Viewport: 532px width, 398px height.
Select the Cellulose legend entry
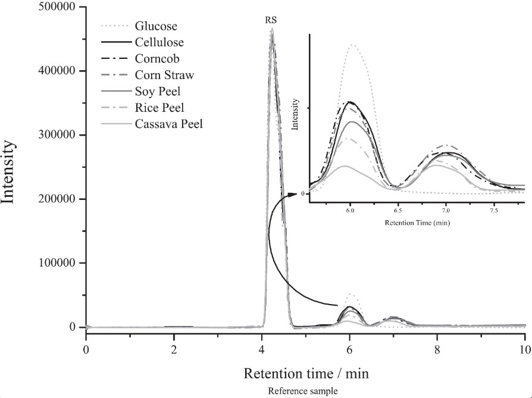159,42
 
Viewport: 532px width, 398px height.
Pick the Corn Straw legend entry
164,76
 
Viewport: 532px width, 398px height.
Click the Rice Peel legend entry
159,108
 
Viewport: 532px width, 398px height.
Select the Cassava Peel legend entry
168,124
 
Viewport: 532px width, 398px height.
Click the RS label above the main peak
271,20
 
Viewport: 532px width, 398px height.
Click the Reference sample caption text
303,391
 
